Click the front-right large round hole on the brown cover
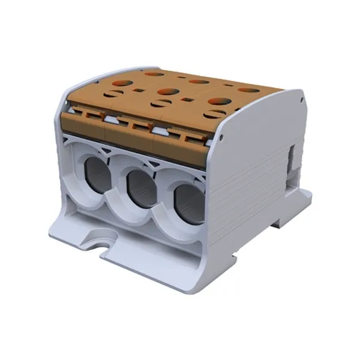coord(221,101)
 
